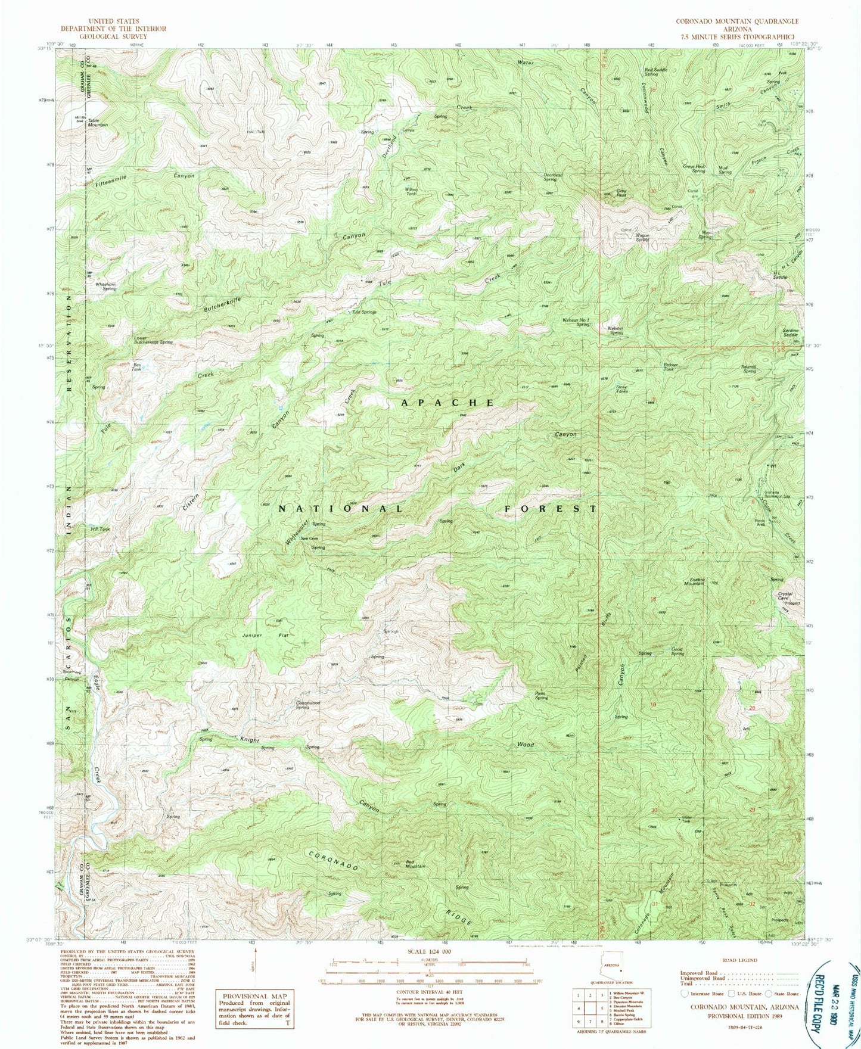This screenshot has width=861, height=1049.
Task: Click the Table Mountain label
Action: pyautogui.click(x=98, y=122)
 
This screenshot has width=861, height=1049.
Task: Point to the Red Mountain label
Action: pyautogui.click(x=415, y=864)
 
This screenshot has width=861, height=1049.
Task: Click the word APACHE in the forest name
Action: pyautogui.click(x=447, y=403)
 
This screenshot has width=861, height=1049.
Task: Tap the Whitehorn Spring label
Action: pyautogui.click(x=101, y=286)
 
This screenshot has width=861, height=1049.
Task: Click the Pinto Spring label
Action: pyautogui.click(x=540, y=695)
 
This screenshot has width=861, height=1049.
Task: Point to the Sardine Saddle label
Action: pyautogui.click(x=790, y=332)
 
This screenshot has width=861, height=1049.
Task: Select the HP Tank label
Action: pyautogui.click(x=100, y=528)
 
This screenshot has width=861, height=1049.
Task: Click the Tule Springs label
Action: pyautogui.click(x=364, y=312)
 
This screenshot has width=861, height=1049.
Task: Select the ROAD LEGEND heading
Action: pyautogui.click(x=739, y=960)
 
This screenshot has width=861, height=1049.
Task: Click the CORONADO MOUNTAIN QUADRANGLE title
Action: pyautogui.click(x=736, y=20)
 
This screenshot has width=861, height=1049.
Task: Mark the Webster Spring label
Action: pyautogui.click(x=615, y=331)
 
